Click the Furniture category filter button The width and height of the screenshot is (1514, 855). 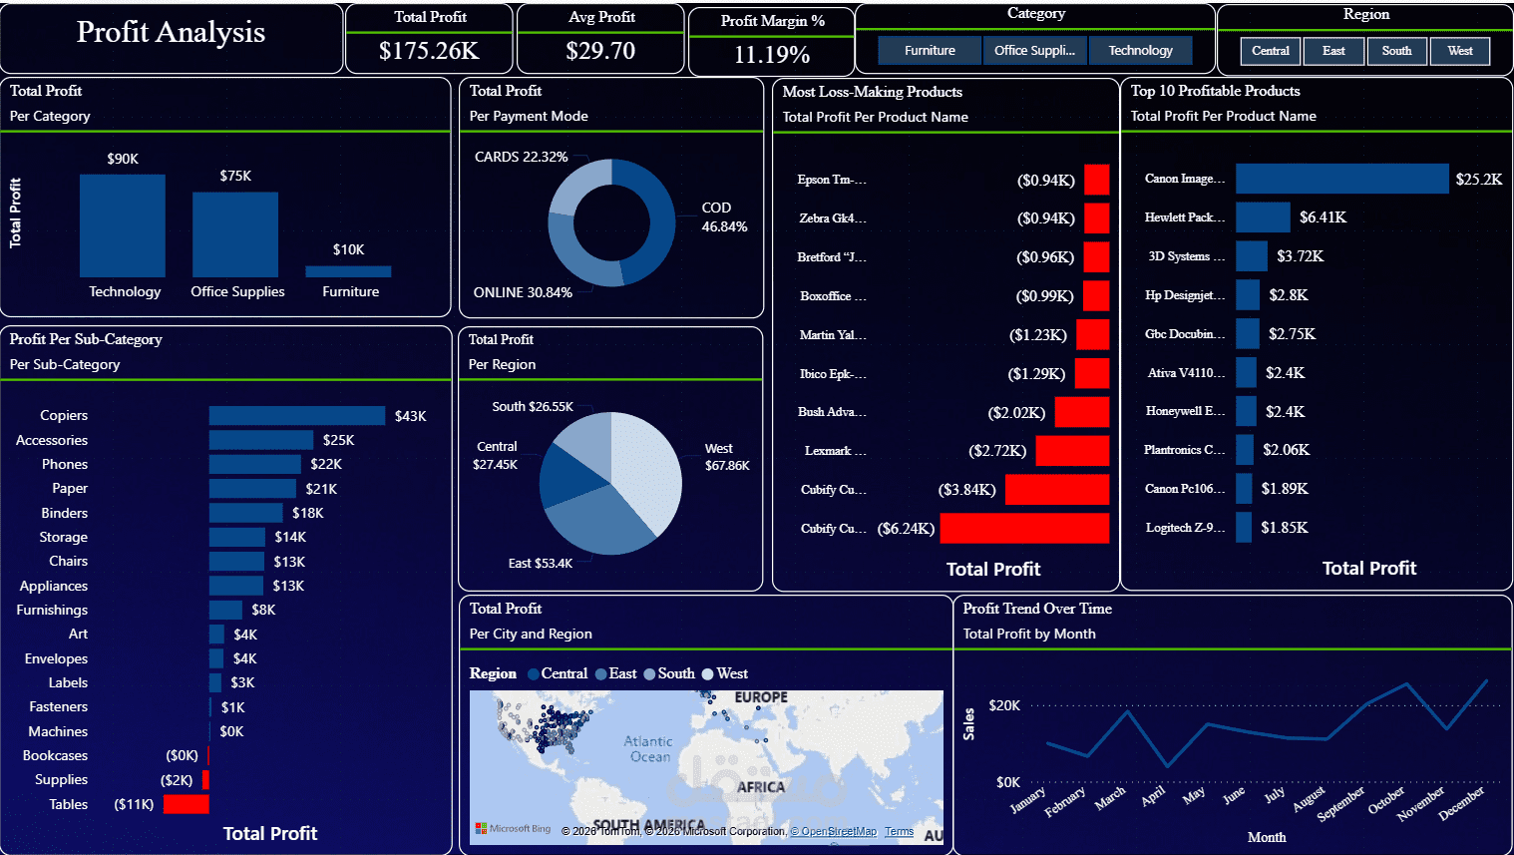[x=930, y=51]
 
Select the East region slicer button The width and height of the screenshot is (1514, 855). [x=1333, y=51]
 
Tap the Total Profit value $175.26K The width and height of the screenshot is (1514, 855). [x=429, y=51]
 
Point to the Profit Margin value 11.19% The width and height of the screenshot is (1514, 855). [x=771, y=55]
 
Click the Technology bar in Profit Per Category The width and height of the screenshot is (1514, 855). [x=123, y=225]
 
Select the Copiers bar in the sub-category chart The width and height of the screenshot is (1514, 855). [x=297, y=416]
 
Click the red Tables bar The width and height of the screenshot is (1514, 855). [x=186, y=804]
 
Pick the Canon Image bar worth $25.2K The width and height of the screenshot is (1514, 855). [x=1341, y=179]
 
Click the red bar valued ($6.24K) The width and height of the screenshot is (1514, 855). [x=1024, y=529]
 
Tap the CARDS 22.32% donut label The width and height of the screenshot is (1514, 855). [x=521, y=158]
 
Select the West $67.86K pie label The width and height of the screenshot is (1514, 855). [x=727, y=457]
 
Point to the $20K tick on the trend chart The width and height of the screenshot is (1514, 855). [x=1004, y=705]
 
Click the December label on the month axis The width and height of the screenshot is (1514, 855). [x=1461, y=803]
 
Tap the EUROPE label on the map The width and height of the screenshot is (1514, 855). [x=761, y=697]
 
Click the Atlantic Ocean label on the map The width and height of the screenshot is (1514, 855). [x=648, y=749]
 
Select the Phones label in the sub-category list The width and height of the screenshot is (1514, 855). [x=65, y=465]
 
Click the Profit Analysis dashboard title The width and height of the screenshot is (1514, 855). [x=171, y=33]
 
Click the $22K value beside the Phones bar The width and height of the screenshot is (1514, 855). [x=326, y=465]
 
